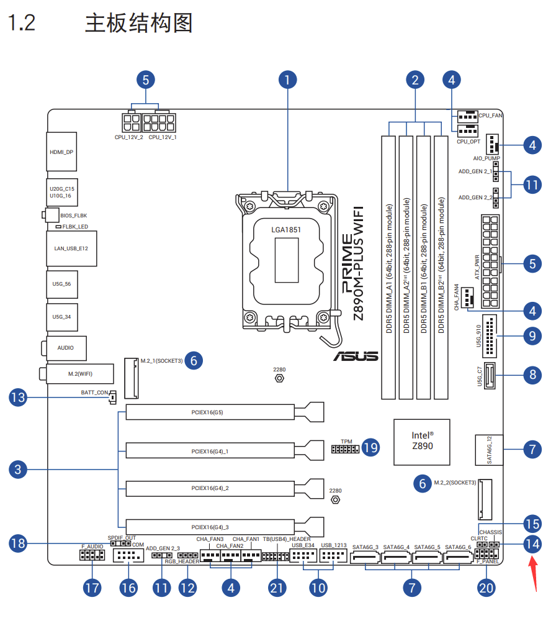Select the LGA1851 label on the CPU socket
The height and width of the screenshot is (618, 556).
pos(286,229)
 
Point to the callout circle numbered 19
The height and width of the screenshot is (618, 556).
pos(370,447)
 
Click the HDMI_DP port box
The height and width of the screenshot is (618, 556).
pos(62,151)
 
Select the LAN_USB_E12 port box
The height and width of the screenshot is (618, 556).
pos(71,248)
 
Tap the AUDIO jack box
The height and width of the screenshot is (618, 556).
pos(65,348)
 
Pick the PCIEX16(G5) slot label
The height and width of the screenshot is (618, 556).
pos(207,412)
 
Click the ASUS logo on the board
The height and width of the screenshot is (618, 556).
pos(355,356)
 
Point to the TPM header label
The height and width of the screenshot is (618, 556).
pos(346,442)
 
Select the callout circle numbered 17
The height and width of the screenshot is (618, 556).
pos(92,588)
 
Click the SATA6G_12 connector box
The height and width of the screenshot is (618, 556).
pos(489,450)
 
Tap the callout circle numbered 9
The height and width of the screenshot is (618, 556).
pos(532,336)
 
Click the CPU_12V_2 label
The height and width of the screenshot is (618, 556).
pos(128,137)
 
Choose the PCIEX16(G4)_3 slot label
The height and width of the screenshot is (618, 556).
pos(210,526)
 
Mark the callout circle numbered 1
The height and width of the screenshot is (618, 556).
pos(287,80)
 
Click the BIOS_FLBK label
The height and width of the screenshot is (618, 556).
pos(73,215)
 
